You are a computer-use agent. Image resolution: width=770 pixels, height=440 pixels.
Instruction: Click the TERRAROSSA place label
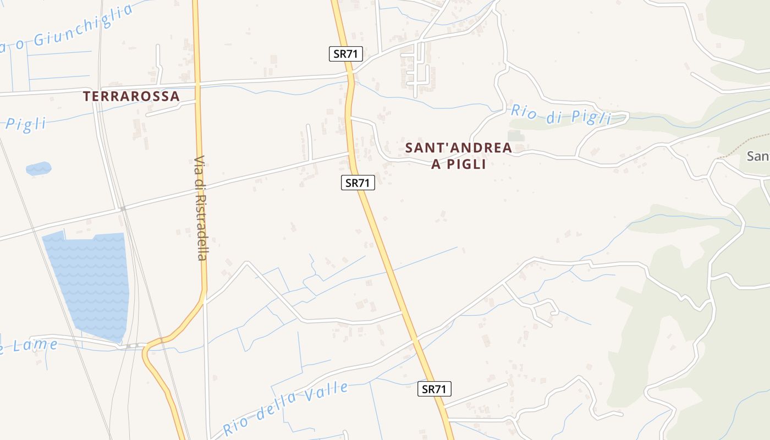tap(131, 96)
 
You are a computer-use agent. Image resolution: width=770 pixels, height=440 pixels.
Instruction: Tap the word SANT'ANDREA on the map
tap(458, 147)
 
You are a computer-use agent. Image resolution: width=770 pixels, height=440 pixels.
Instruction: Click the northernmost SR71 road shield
tap(346, 54)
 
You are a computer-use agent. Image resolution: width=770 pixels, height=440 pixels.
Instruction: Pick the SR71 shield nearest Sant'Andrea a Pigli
tap(358, 183)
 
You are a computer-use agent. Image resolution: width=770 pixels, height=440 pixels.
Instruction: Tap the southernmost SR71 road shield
tap(434, 389)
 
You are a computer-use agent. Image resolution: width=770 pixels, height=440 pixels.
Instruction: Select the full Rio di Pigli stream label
tap(561, 114)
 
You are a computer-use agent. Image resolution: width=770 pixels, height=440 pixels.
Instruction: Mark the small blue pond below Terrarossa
tap(38, 168)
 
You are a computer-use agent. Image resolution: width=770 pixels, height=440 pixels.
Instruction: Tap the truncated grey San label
tap(758, 157)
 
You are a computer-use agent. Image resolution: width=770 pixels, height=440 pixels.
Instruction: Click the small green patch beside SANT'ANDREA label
tap(515, 135)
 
